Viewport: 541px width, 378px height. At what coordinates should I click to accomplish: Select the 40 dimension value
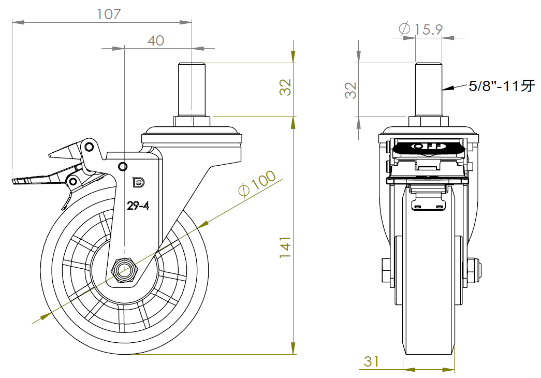156,40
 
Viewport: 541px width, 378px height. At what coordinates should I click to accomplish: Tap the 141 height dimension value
285,248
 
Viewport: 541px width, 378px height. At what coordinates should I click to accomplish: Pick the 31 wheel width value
371,361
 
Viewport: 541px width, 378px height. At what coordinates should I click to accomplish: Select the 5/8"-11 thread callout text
501,86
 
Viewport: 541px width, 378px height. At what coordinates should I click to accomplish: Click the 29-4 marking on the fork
138,206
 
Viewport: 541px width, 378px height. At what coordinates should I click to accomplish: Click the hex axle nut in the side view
124,269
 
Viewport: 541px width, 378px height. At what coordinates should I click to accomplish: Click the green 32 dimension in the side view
285,88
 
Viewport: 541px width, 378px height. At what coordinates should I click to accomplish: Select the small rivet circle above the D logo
123,166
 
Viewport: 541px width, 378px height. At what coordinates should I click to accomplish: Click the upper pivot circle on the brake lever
90,147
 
